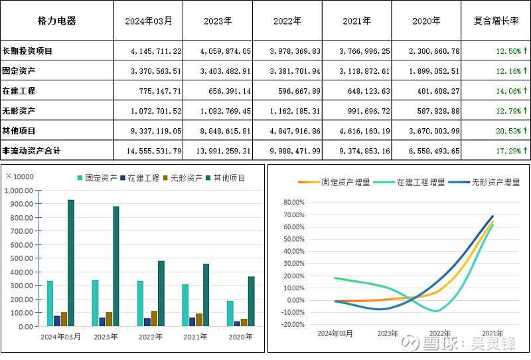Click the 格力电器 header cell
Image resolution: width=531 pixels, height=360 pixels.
coord(56,21)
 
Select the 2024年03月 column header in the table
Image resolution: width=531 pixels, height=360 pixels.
coord(149,21)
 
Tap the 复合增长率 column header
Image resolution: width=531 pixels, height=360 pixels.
coord(496,21)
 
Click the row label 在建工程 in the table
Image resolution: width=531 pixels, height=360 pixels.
coord(19,90)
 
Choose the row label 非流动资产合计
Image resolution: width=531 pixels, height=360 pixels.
coord(31,151)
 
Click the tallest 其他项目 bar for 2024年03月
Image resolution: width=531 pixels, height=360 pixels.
coord(71,263)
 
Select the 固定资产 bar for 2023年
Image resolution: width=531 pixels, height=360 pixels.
coord(95,304)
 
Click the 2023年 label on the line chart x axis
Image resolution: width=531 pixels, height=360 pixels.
coord(387,333)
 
